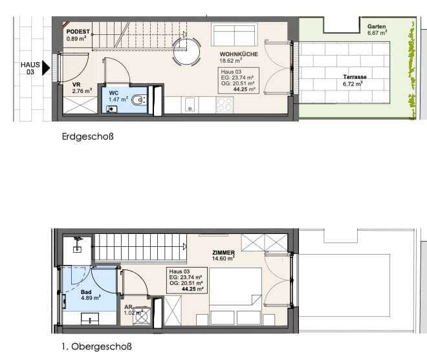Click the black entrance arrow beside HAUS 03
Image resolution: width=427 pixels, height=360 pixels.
46,68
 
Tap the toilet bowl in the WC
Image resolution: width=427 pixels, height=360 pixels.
138,100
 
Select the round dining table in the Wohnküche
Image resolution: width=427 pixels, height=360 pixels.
186,52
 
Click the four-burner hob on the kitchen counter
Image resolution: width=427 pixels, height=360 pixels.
224,105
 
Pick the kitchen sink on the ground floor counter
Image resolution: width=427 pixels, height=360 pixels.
190,105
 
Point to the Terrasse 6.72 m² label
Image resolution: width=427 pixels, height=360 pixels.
355,80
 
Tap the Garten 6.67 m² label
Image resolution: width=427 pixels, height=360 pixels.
377,30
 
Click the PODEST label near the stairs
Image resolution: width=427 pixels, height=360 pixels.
78,32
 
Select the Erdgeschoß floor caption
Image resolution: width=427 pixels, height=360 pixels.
88,136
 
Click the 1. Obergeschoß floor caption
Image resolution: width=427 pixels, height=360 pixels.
96,346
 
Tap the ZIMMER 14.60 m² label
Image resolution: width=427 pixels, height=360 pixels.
223,255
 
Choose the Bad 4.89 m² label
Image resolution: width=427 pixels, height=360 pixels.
91,295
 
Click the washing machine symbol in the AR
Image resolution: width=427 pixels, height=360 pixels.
142,316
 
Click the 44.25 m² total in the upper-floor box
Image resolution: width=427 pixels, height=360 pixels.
193,289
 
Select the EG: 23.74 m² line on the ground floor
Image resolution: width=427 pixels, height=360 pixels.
237,78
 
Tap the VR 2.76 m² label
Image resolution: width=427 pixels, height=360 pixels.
82,88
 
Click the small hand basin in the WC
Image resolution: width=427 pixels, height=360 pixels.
112,109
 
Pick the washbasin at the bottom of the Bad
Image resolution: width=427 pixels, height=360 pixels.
90,319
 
